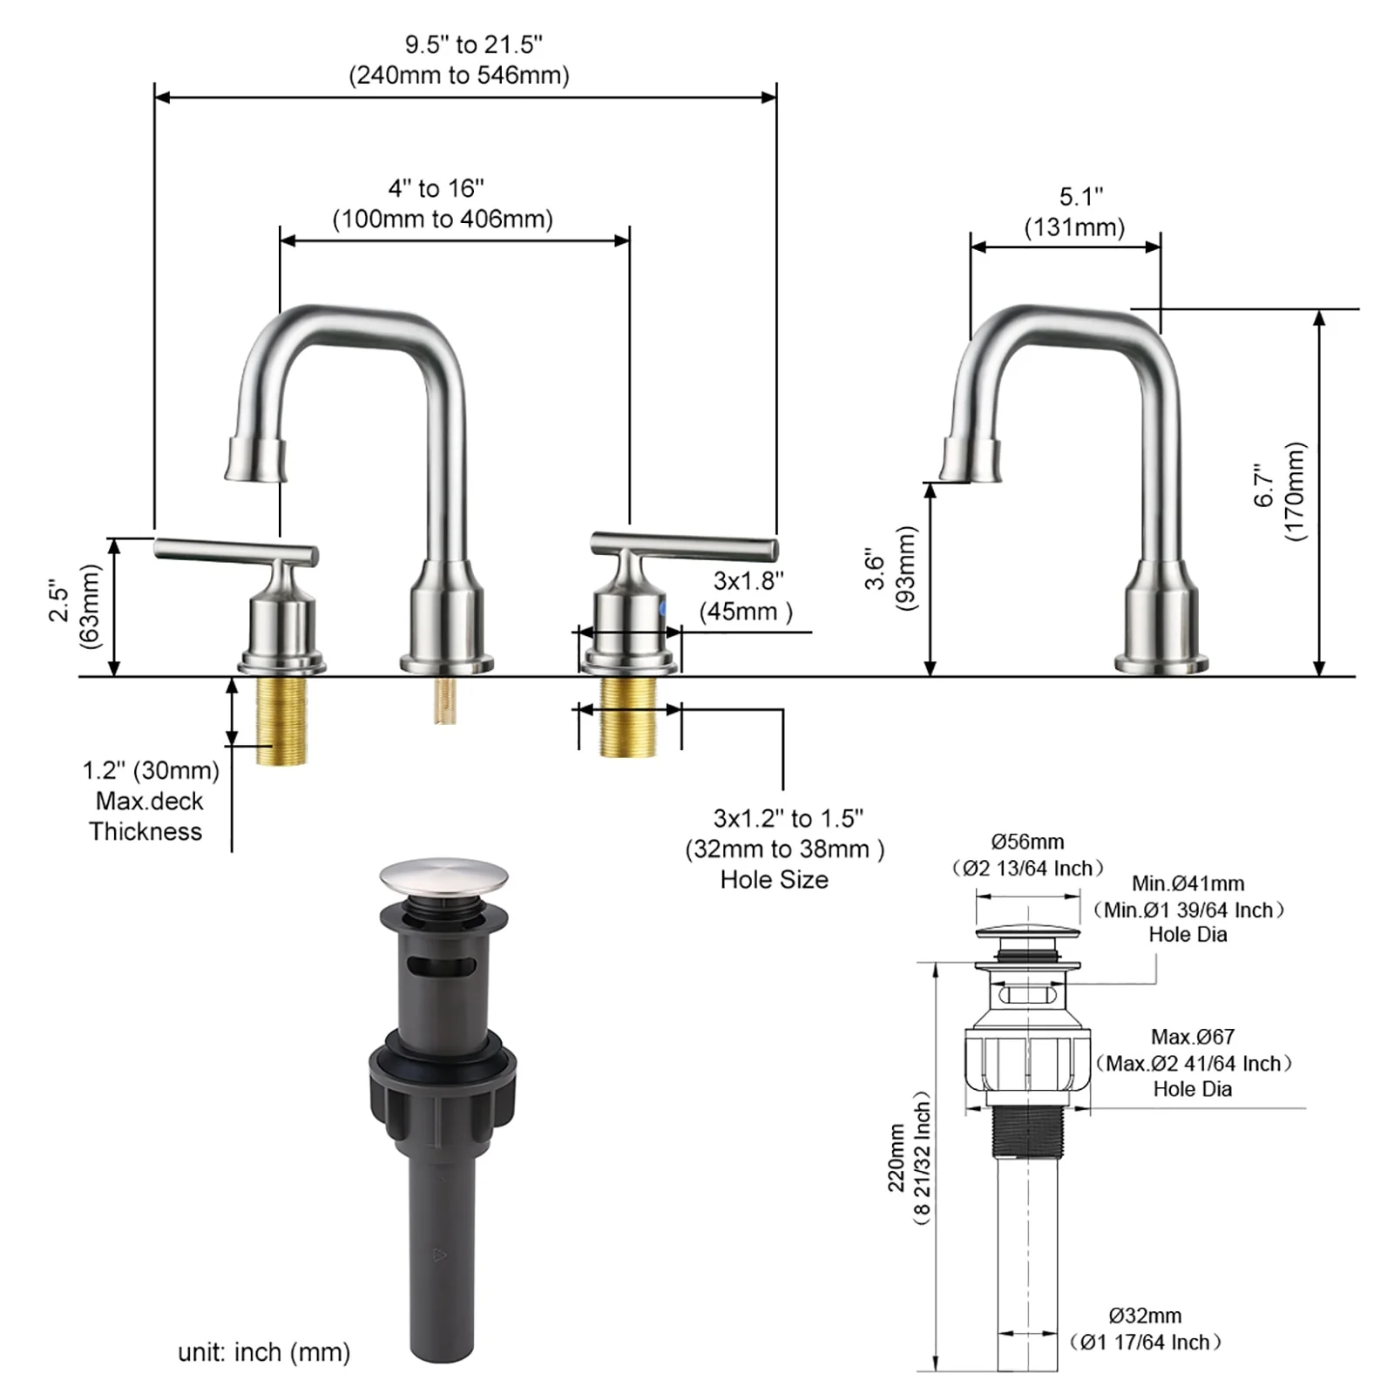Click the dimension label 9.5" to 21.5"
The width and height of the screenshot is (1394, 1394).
[x=473, y=44]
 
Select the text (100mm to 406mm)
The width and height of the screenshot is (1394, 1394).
[x=443, y=219]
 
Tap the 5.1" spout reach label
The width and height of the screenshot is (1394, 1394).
[x=1080, y=197]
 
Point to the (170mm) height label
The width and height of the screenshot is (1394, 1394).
[x=1296, y=491]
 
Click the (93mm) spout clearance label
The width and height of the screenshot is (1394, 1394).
[x=907, y=569]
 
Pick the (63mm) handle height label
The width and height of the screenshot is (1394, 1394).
[x=90, y=606]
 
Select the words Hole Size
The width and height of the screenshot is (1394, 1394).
[x=774, y=880]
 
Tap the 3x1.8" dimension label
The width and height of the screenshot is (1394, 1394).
[x=748, y=580]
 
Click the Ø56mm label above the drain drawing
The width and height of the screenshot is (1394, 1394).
[x=1027, y=842]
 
